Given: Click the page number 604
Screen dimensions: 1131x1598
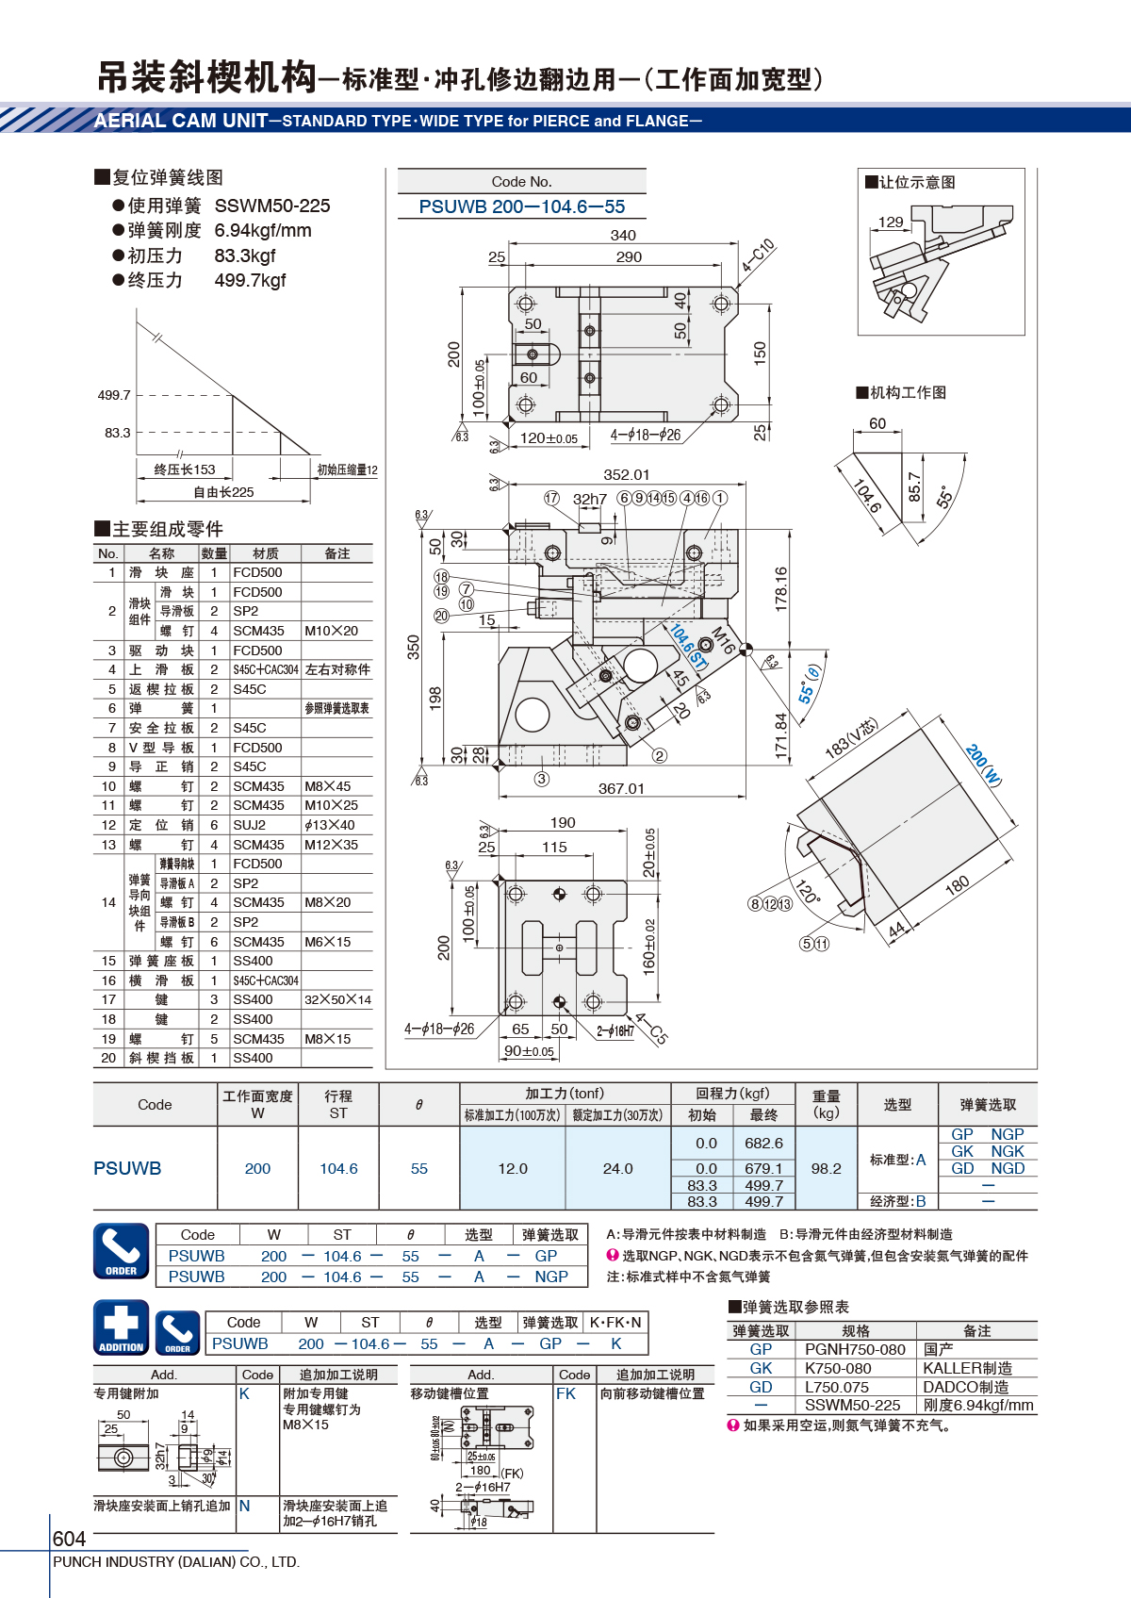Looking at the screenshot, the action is pos(69,1539).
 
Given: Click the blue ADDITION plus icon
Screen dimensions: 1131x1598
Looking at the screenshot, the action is pos(122,1327).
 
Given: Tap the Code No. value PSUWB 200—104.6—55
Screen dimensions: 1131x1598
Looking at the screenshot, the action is pos(521,206).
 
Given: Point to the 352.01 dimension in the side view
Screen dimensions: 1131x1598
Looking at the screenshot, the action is pos(626,475).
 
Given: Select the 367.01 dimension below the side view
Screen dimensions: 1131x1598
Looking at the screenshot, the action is pos(620,788).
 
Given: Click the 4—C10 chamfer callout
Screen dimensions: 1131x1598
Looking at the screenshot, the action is pos(757,255).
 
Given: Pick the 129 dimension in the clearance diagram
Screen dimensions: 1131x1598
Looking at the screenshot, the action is pos(891,222).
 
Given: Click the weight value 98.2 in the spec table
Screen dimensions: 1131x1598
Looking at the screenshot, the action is pos(826,1168).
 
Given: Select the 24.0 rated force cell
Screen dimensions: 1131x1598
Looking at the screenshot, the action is pos(617,1168).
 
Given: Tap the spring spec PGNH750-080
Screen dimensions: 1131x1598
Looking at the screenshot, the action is pos(855,1350).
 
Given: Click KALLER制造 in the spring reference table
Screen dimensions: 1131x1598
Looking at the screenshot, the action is pos(968,1368).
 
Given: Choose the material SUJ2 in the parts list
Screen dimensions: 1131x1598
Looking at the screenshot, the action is pos(250,825).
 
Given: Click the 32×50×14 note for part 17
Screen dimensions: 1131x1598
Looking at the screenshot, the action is pos(338,999).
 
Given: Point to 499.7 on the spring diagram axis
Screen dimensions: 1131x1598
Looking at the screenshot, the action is pos(114,395).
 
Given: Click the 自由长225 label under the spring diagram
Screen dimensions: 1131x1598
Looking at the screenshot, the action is pos(223,492).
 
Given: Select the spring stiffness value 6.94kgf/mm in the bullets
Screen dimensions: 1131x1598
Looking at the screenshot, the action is pos(263,230).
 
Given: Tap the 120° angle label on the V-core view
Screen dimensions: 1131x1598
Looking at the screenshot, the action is pos(807,891).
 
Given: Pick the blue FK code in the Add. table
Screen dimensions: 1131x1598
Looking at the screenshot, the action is pos(566,1393).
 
